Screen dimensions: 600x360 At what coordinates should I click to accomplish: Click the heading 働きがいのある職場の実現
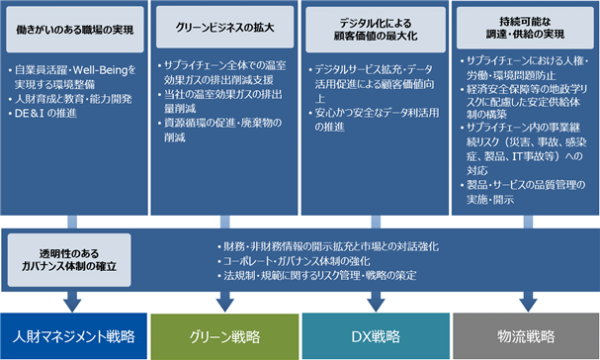[x=74, y=30]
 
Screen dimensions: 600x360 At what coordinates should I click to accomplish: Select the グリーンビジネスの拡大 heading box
[x=225, y=27]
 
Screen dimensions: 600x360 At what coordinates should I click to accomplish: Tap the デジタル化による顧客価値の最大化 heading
[x=376, y=30]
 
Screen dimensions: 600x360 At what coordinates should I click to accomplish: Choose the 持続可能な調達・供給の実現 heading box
[x=525, y=28]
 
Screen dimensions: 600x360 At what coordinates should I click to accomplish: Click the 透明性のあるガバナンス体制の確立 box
[x=69, y=260]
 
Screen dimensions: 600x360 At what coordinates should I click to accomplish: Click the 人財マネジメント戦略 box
[x=73, y=336]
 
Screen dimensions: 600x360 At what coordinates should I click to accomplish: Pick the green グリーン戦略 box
[x=224, y=336]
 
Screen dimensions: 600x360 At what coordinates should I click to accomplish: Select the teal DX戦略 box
[x=376, y=336]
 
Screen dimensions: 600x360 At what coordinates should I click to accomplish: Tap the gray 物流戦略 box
[x=526, y=336]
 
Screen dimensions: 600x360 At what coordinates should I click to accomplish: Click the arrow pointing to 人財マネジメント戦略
[x=72, y=302]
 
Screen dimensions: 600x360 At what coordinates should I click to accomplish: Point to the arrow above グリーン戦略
[x=225, y=302]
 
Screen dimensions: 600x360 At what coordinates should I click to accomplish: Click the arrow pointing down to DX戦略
[x=376, y=302]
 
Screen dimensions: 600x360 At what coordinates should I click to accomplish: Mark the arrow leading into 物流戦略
[x=529, y=302]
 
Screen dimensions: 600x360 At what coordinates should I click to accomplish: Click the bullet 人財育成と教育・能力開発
[x=70, y=99]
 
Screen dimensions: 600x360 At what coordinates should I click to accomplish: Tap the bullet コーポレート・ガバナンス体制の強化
[x=294, y=261]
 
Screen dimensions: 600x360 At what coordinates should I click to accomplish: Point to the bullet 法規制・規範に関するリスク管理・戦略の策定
[x=317, y=275]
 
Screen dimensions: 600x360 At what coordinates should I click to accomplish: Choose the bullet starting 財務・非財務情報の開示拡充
[x=328, y=246]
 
